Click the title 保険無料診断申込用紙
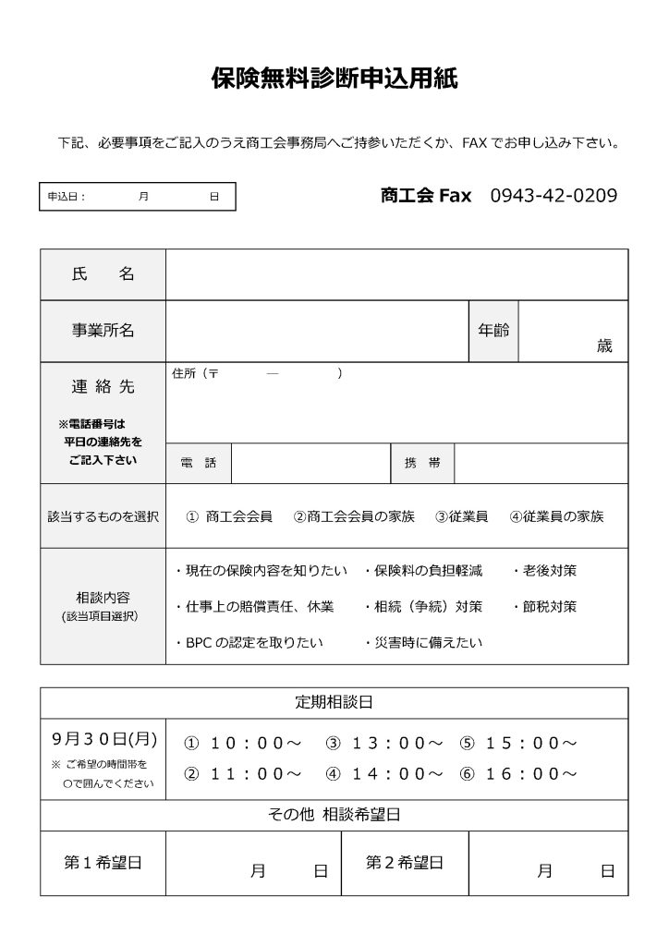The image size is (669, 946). [x=334, y=79]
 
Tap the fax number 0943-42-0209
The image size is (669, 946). [x=553, y=196]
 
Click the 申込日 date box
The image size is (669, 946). [x=137, y=197]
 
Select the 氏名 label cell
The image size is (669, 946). [x=103, y=274]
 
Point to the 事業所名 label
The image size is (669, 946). [x=103, y=331]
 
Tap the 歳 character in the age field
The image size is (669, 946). [x=604, y=346]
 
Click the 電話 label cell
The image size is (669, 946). [x=199, y=463]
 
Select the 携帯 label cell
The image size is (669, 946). [x=422, y=463]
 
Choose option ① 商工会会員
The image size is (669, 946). [x=229, y=516]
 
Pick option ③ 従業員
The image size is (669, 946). [x=461, y=516]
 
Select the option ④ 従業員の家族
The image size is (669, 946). [x=556, y=516]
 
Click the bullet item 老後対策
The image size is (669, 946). [x=544, y=571]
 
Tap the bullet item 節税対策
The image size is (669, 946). [x=544, y=607]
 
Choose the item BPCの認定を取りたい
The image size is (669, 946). [x=249, y=642]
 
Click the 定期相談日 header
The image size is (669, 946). [x=334, y=702]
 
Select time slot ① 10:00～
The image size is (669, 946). [x=243, y=743]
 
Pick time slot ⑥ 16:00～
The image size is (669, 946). [x=519, y=773]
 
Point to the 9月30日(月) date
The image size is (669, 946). [x=104, y=739]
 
